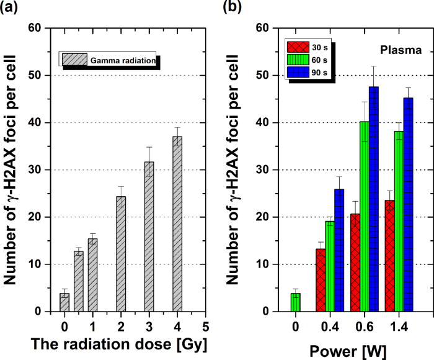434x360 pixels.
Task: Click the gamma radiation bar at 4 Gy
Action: (177, 224)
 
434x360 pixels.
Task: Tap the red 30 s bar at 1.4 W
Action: (390, 256)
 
